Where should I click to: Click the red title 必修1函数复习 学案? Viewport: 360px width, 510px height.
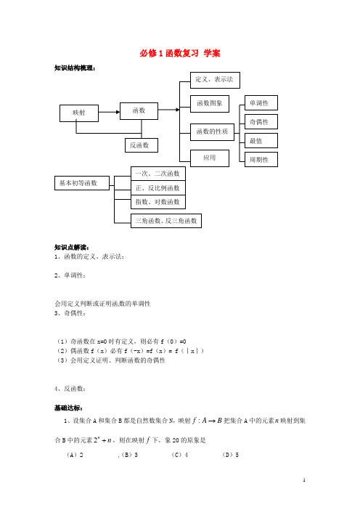180,53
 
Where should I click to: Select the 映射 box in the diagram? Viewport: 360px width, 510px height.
79,113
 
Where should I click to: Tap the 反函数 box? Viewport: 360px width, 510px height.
142,145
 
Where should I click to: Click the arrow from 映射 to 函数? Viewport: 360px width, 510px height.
109,112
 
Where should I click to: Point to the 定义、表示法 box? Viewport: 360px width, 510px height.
215,80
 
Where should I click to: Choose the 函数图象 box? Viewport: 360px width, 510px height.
210,104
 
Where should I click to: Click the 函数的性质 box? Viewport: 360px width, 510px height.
212,132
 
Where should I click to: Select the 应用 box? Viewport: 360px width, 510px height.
210,158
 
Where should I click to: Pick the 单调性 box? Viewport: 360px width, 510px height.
261,103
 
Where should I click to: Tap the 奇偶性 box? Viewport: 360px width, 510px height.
261,122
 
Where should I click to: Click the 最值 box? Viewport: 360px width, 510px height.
261,141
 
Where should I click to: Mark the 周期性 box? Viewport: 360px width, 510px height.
261,159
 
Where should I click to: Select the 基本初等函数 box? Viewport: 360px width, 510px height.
82,183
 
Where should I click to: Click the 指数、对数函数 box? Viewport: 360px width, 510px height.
158,202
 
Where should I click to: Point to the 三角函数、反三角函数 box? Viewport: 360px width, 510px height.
166,221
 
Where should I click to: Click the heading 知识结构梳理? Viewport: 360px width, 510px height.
75,68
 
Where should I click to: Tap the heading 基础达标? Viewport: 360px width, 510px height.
68,408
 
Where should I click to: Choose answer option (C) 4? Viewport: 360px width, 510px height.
180,455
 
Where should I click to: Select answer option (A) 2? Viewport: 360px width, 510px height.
75,455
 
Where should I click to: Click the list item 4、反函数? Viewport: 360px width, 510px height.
70,389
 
